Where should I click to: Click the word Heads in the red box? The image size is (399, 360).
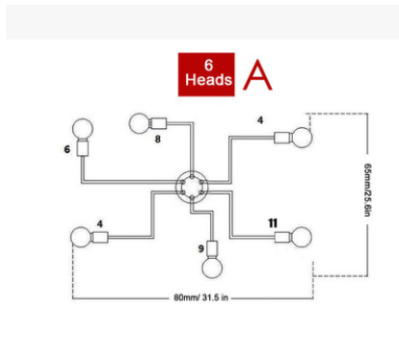(208, 80)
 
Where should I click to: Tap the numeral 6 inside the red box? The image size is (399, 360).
(208, 65)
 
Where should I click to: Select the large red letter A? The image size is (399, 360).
(257, 75)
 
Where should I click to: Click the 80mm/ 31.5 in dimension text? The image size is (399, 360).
(201, 297)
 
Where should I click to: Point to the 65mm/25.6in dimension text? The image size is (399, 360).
(368, 190)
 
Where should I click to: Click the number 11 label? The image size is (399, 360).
(273, 223)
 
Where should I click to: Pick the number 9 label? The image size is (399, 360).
(201, 248)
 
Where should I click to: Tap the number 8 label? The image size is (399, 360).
(158, 139)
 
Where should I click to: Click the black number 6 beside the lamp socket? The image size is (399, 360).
(66, 149)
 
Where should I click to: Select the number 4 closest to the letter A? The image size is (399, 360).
(260, 120)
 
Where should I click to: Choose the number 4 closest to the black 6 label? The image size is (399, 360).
(100, 223)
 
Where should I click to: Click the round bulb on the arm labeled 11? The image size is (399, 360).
(302, 237)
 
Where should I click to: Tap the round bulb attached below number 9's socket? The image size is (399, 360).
(212, 268)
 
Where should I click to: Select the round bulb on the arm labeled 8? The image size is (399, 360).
(139, 123)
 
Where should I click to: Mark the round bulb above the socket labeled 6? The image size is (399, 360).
(83, 129)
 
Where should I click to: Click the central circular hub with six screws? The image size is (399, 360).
(192, 187)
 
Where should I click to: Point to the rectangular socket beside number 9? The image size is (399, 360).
(212, 247)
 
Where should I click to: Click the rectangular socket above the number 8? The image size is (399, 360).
(159, 123)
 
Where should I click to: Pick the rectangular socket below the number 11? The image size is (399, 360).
(283, 237)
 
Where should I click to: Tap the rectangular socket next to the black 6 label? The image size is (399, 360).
(83, 149)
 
